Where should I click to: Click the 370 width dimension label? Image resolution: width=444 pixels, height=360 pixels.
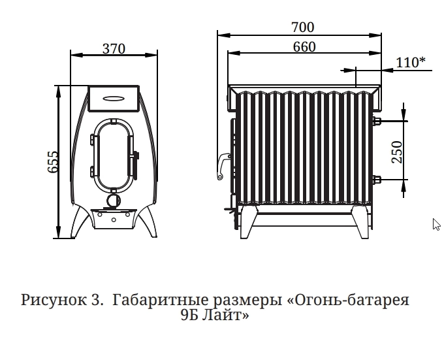click(x=114, y=49)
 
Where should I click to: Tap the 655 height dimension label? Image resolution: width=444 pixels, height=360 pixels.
click(x=53, y=162)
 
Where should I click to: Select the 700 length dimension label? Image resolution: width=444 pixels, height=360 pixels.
click(x=303, y=27)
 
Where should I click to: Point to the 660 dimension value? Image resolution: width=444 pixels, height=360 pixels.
click(x=304, y=47)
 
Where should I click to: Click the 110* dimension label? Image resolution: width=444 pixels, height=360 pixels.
click(x=410, y=62)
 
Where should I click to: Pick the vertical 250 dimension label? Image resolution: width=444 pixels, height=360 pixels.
click(x=397, y=152)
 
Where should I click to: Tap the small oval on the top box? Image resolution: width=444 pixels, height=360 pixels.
click(x=113, y=99)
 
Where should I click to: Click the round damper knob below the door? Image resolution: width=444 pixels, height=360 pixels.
click(x=114, y=201)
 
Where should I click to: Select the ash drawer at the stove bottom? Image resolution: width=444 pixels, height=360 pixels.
click(x=114, y=219)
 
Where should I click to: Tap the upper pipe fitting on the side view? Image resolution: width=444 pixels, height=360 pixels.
click(x=377, y=121)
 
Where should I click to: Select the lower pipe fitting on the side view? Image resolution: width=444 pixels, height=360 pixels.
click(x=377, y=180)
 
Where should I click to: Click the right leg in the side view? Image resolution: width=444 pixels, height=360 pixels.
click(x=360, y=222)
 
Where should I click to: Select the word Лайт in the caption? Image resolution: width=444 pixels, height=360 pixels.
click(x=224, y=315)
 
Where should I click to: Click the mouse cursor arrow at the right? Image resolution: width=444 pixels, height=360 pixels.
click(x=436, y=224)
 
